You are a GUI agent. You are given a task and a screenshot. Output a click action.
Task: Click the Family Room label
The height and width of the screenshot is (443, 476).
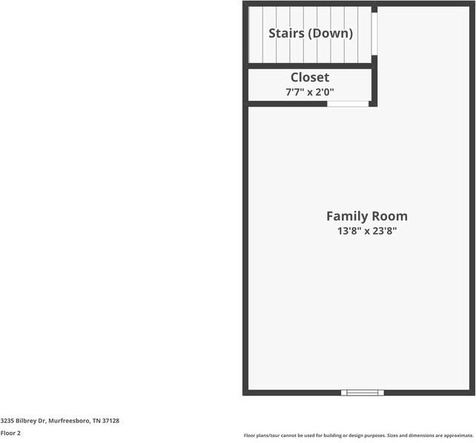366,216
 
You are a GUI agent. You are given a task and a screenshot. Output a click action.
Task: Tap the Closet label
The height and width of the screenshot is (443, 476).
309,77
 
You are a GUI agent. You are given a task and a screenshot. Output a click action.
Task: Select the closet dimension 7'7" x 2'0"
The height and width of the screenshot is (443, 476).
309,92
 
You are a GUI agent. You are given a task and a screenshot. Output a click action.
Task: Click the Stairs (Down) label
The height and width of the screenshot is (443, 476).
310,33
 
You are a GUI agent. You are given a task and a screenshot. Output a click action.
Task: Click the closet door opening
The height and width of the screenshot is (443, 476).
348,104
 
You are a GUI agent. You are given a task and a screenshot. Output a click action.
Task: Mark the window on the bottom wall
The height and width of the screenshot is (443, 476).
362,392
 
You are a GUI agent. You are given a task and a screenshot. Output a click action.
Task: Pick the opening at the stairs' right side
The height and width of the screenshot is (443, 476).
374,34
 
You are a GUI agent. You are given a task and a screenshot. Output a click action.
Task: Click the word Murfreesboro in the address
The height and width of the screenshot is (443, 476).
70,421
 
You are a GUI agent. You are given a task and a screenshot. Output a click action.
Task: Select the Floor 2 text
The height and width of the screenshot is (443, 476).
10,433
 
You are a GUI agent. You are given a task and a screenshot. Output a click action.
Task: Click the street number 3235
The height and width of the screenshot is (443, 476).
7,421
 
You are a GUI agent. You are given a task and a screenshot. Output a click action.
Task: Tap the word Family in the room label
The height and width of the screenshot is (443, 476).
346,216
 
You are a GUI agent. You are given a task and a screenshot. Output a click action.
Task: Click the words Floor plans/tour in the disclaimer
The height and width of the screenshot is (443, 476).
259,436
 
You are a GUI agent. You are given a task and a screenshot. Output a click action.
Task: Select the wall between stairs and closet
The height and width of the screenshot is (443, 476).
309,67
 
